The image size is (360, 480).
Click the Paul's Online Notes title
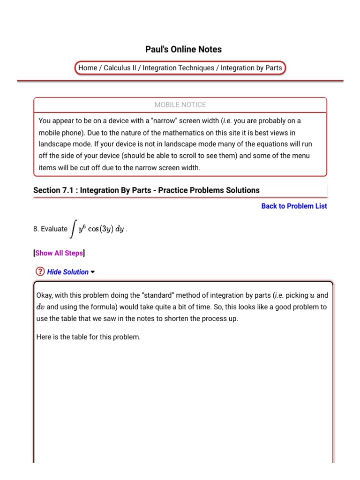[183, 49]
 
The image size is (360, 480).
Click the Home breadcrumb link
[88, 68]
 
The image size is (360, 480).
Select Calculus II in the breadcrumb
[120, 68]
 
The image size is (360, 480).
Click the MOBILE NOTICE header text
[180, 105]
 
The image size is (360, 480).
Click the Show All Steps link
[59, 253]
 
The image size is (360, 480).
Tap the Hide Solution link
[67, 272]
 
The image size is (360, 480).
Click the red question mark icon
[40, 272]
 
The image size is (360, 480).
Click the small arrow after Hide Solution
[93, 272]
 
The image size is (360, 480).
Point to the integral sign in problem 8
[73, 229]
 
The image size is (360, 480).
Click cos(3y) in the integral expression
[101, 229]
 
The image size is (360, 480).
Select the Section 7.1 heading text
[146, 190]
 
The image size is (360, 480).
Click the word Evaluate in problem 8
[54, 229]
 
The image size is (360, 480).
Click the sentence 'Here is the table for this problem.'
[88, 337]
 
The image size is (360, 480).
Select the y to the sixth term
[82, 229]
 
